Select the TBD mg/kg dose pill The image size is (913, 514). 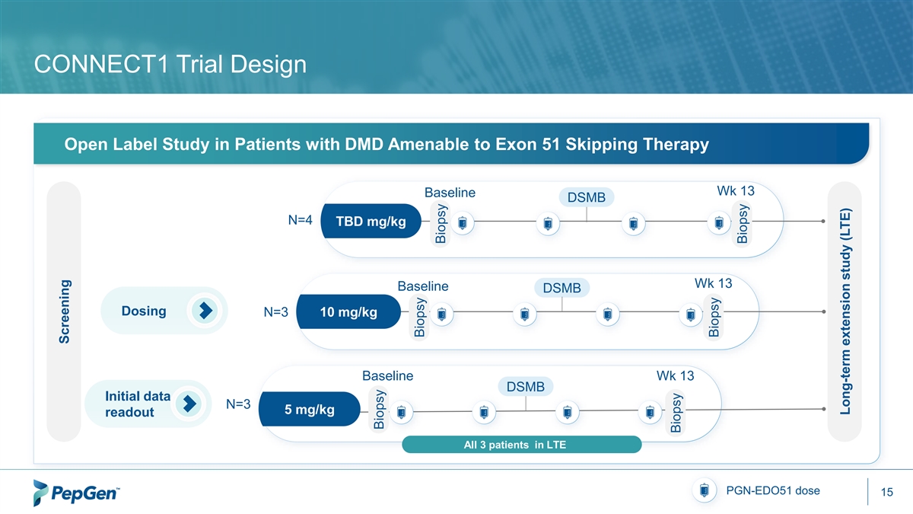click(x=371, y=222)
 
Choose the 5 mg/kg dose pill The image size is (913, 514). click(x=309, y=410)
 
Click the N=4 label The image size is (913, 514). click(x=300, y=221)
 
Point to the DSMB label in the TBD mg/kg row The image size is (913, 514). click(x=587, y=198)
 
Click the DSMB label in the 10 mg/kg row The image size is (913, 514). click(x=561, y=288)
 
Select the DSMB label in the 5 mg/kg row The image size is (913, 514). click(x=525, y=387)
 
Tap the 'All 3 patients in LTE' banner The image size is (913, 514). click(x=520, y=445)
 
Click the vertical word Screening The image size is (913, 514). click(x=65, y=313)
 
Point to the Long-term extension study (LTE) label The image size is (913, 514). click(x=844, y=312)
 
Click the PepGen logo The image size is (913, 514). click(x=77, y=493)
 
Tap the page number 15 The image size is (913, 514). click(x=886, y=493)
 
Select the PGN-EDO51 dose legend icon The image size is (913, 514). click(x=704, y=491)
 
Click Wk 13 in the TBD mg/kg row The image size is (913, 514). click(x=735, y=189)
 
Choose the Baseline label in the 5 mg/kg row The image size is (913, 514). click(x=388, y=375)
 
